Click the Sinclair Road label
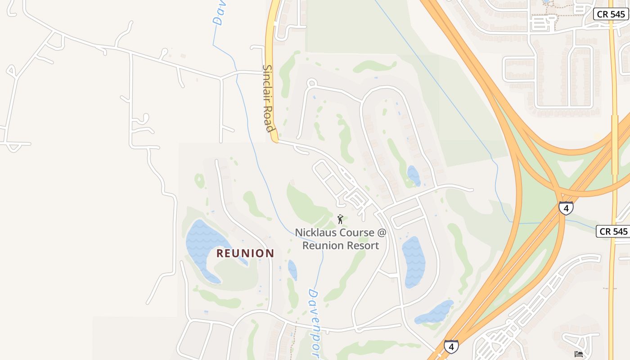click(x=269, y=99)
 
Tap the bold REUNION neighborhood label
click(x=245, y=253)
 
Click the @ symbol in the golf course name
click(x=382, y=233)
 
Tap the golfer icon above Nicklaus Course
click(x=340, y=219)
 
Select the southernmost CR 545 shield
click(x=613, y=231)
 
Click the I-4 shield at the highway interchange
click(x=566, y=208)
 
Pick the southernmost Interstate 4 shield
click(x=451, y=346)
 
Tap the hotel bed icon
click(x=579, y=354)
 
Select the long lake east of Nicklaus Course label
click(x=414, y=261)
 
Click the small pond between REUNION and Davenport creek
click(x=292, y=270)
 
